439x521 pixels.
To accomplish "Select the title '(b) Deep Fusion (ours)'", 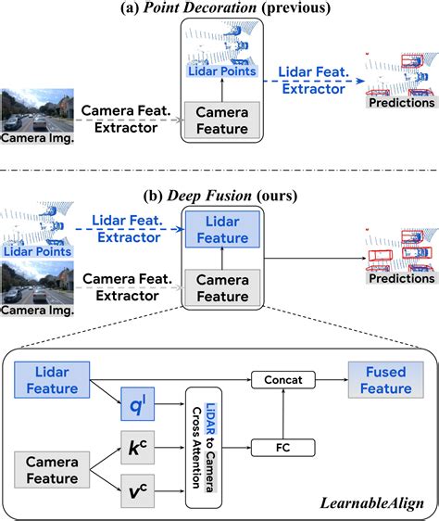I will tap(219, 197).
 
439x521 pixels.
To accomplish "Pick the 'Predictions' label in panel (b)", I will tap(401, 278).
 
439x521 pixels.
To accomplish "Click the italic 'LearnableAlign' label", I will tap(368, 502).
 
